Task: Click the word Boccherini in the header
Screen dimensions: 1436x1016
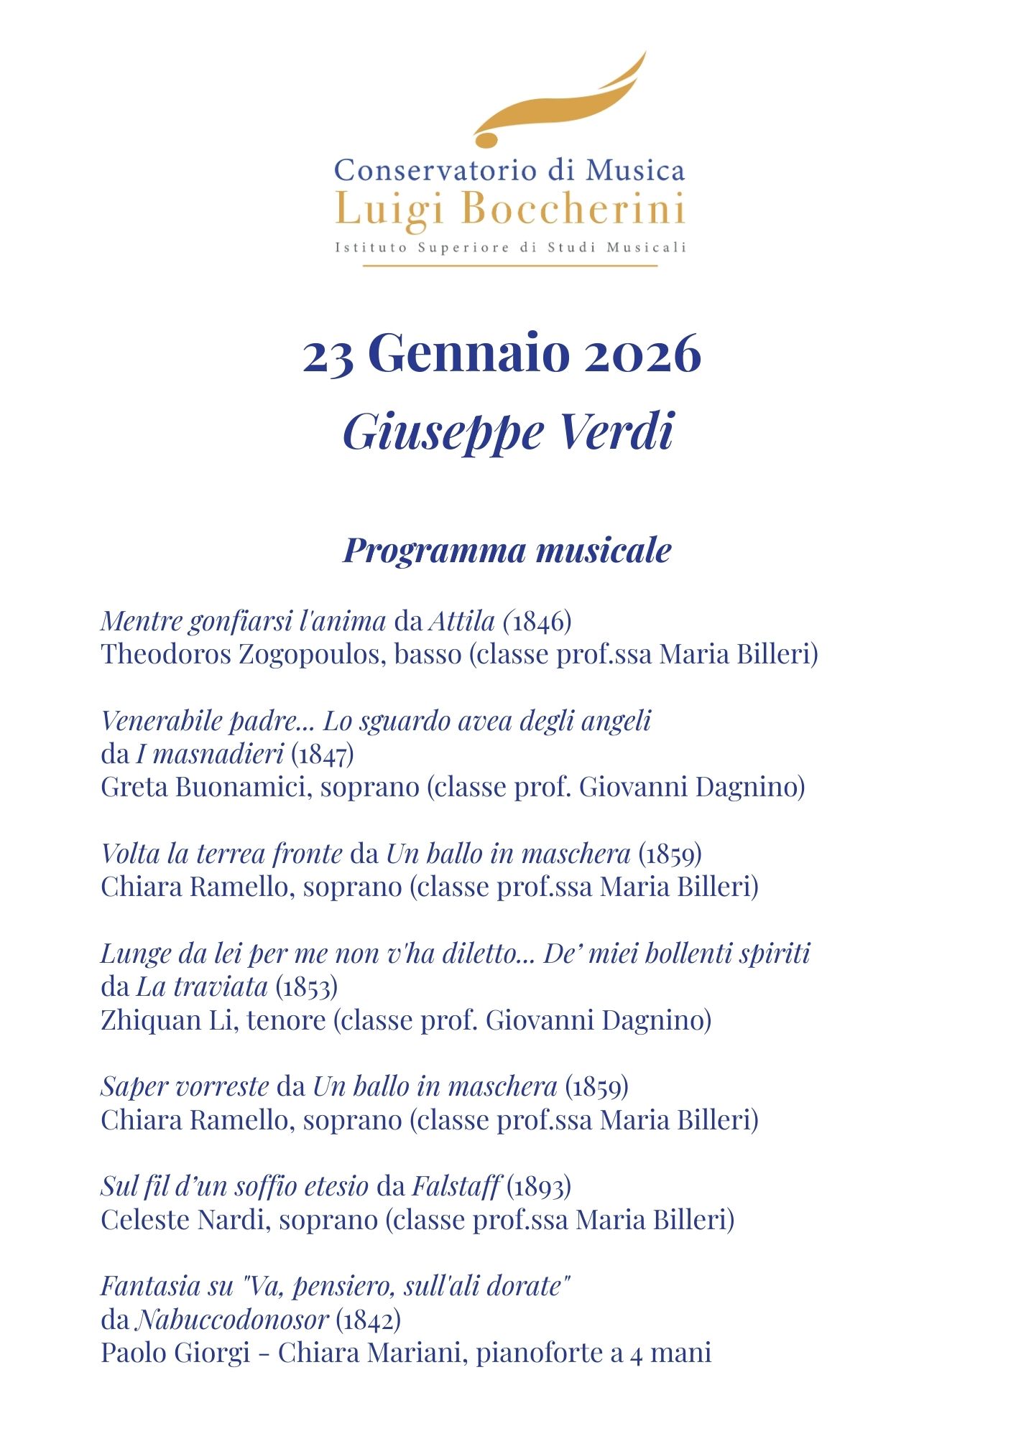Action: [x=573, y=210]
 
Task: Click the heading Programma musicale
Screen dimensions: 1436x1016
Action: [x=507, y=550]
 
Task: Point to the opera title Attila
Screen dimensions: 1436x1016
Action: [x=461, y=621]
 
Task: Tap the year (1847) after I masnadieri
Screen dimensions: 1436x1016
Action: [x=322, y=754]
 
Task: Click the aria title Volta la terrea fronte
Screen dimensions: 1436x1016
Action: [x=221, y=854]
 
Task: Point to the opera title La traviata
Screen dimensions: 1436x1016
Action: [x=201, y=987]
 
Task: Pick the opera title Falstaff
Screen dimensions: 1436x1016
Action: [x=455, y=1187]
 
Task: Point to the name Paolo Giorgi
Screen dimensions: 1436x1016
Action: [x=175, y=1353]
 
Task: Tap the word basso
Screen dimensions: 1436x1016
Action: [x=428, y=654]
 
